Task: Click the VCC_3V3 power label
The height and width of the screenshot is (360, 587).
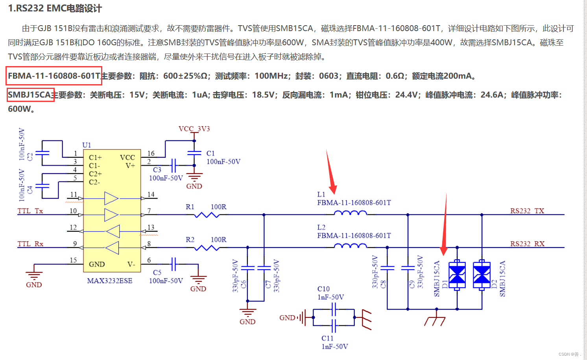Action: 194,129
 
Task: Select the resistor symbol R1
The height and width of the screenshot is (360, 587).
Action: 207,215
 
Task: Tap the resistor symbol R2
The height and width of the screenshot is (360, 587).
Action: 207,248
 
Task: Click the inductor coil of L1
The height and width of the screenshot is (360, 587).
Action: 350,213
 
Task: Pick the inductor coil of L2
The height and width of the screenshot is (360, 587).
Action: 350,246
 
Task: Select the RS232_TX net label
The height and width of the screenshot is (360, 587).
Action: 527,211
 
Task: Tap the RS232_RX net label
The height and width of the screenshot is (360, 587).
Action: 527,244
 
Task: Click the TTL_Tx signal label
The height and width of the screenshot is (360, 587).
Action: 30,211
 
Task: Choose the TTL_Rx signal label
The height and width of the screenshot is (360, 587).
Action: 30,244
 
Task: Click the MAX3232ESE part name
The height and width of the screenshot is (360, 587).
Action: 110,281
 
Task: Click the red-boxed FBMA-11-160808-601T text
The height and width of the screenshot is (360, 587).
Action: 54,76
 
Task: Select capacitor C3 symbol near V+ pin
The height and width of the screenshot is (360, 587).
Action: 174,165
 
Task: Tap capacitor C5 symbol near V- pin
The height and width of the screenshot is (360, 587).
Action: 174,264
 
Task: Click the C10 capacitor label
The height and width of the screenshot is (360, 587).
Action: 323,289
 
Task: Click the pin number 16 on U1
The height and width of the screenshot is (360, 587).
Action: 151,153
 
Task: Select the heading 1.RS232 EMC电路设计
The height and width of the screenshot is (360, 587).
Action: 55,8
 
